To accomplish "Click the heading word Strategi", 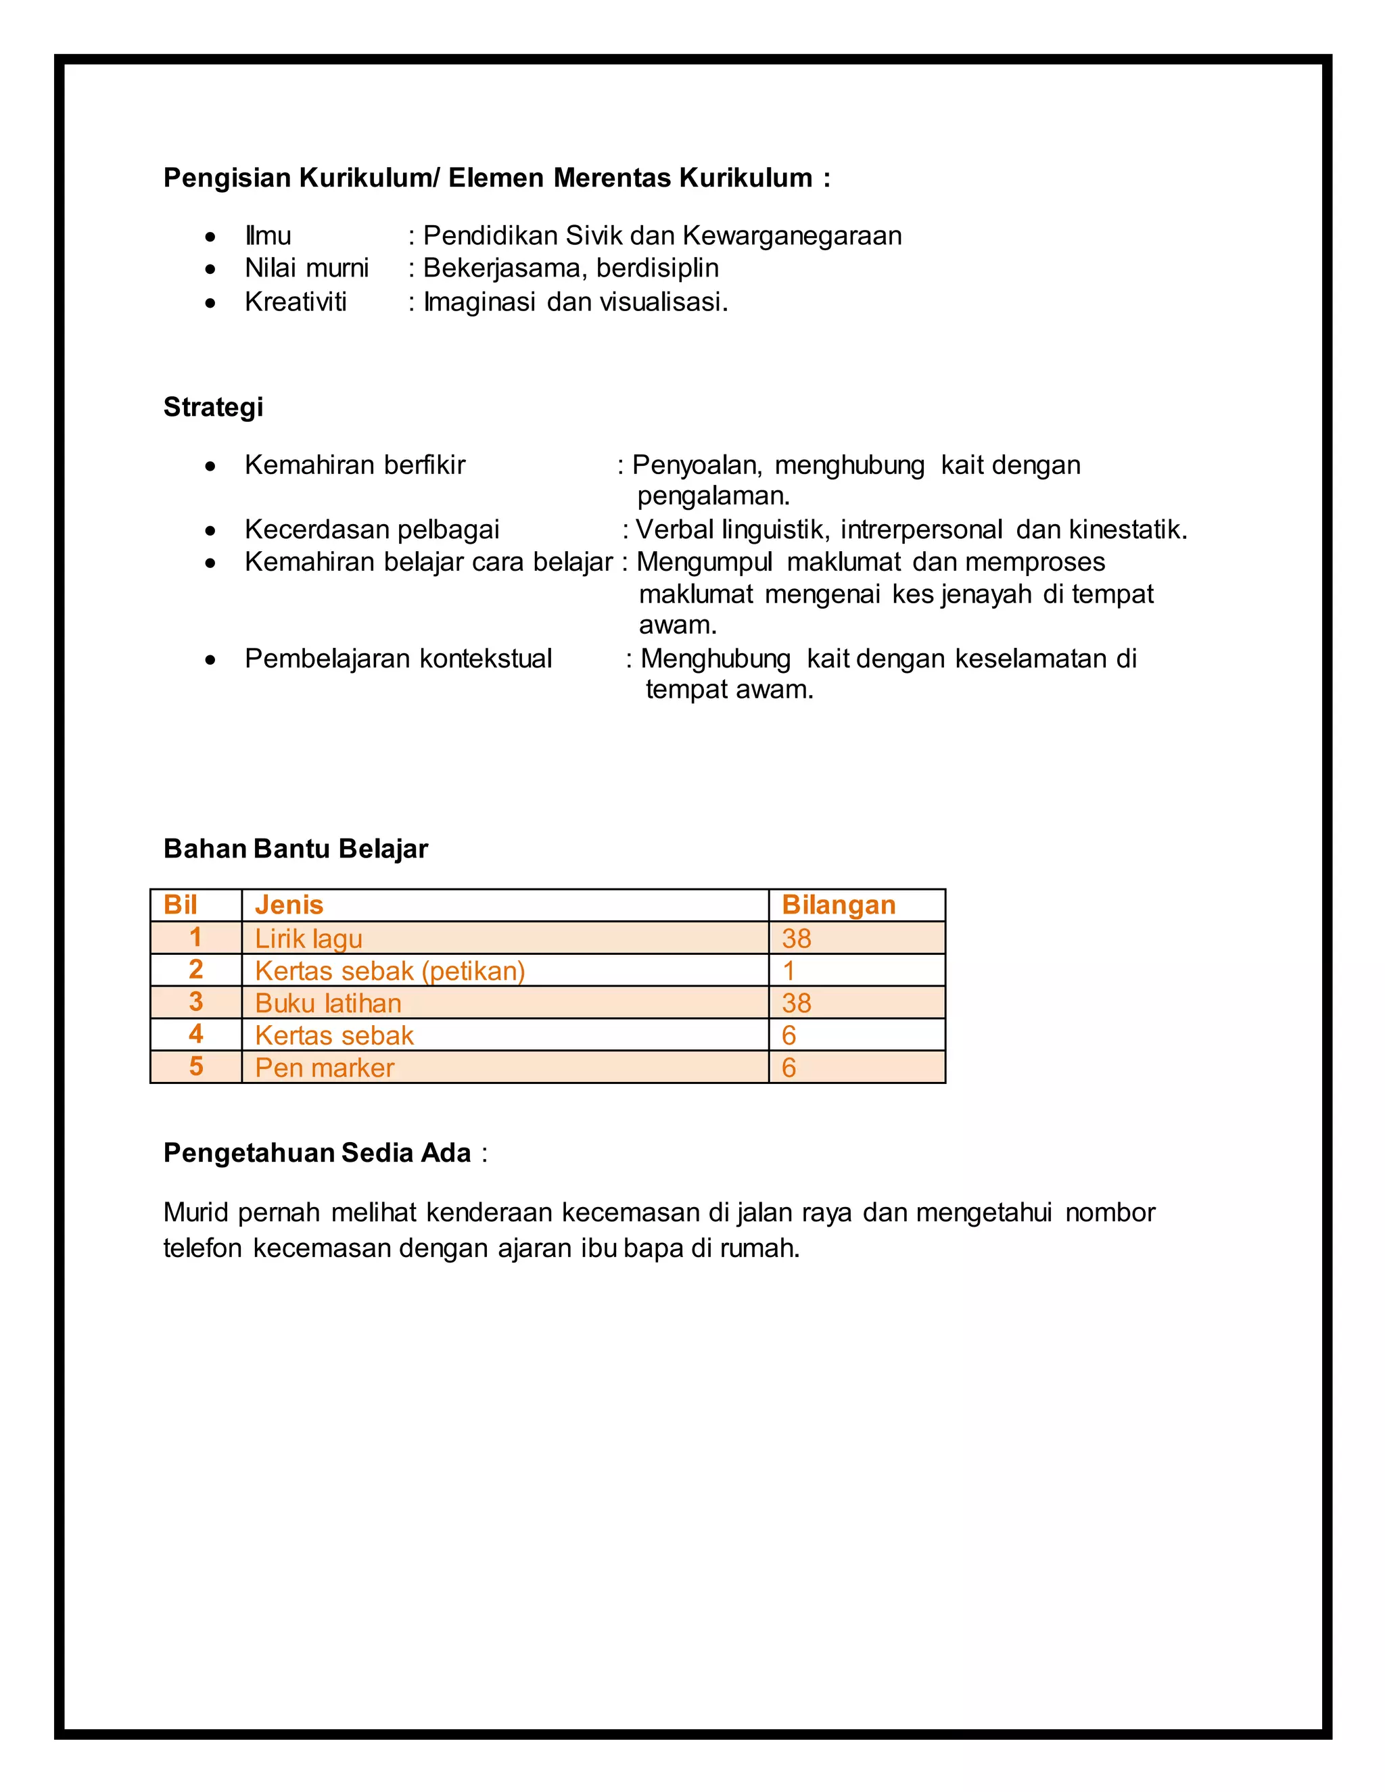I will [213, 407].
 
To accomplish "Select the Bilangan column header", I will [838, 904].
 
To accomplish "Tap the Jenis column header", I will [289, 904].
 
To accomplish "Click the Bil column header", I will [181, 904].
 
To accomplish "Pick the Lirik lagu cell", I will [308, 938].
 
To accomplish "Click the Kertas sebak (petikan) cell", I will [390, 970].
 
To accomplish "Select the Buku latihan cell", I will [328, 1003].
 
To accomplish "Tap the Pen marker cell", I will [324, 1068].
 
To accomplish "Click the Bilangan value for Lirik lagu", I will [796, 938].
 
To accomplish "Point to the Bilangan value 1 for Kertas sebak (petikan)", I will [789, 970].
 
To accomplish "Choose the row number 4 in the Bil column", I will [195, 1034].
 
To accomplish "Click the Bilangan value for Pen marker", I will [789, 1068].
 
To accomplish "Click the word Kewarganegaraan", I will [792, 236].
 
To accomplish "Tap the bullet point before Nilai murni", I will [211, 269].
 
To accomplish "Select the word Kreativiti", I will [296, 302].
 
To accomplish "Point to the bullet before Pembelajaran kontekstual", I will [211, 660].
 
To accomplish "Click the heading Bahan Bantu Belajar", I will [296, 849].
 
